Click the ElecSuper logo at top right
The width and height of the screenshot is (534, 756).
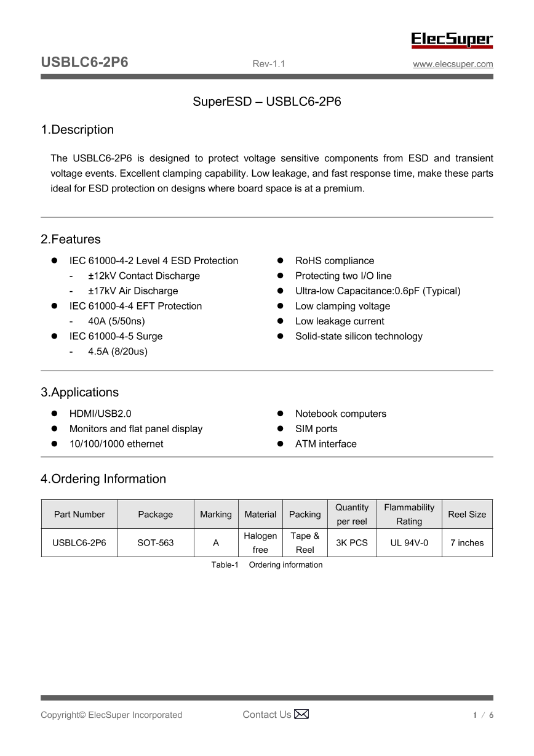[452, 40]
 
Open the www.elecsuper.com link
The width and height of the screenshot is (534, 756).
[453, 64]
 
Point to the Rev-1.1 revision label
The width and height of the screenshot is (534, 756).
[269, 64]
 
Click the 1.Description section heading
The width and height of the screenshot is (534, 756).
[78, 130]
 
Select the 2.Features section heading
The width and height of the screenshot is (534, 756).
[71, 239]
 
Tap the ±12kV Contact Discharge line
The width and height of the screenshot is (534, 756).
[144, 276]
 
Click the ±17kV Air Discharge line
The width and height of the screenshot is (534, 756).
[133, 291]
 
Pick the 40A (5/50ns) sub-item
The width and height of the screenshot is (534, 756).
[116, 321]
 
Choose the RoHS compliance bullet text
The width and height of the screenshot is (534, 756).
[335, 261]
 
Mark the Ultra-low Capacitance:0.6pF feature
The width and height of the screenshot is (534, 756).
[378, 291]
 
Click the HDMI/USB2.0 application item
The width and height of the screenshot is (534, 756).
[100, 414]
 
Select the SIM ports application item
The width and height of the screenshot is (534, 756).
[316, 429]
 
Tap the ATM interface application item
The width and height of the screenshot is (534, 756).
[326, 444]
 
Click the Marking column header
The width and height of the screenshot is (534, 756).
[216, 515]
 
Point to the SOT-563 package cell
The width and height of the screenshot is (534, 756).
[156, 543]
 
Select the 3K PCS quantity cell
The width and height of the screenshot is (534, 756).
[352, 543]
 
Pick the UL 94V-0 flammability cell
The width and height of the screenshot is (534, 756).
[409, 543]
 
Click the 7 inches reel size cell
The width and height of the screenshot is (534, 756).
[467, 543]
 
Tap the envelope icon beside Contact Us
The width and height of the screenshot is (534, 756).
[301, 714]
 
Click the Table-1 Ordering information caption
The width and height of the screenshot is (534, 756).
[267, 565]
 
